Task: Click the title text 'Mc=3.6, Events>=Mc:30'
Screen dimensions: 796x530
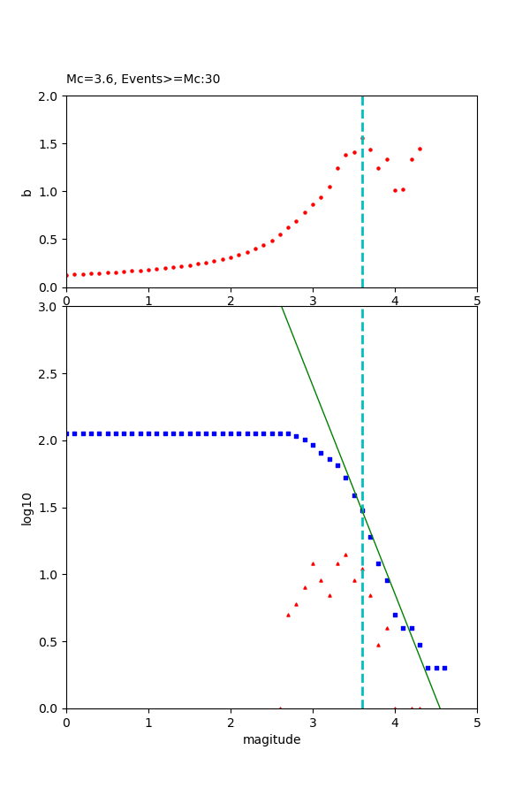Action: click(143, 79)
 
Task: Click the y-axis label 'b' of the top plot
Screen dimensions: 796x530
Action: click(27, 192)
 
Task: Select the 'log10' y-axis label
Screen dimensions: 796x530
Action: click(27, 509)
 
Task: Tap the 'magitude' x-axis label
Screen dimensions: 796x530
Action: click(271, 739)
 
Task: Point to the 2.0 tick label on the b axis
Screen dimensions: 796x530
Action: click(49, 96)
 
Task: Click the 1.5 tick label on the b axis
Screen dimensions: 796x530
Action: click(49, 144)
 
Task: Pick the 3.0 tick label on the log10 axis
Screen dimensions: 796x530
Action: click(49, 307)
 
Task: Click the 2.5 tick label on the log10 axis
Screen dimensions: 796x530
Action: click(49, 374)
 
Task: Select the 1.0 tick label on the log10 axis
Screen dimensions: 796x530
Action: click(49, 575)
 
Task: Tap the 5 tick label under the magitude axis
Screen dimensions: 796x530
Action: click(477, 722)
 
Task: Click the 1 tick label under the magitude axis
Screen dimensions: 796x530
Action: click(148, 722)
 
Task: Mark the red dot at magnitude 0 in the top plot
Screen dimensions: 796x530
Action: click(67, 275)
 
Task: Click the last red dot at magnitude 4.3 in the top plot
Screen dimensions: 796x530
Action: click(420, 149)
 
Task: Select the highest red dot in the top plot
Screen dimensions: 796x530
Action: click(362, 138)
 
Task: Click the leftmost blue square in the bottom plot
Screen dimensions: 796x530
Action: click(67, 433)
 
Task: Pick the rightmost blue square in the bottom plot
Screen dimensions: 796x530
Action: click(444, 668)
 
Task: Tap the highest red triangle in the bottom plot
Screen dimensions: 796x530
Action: click(345, 555)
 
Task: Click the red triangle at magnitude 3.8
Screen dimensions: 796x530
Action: click(378, 645)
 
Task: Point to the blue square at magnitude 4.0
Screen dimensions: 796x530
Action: click(395, 615)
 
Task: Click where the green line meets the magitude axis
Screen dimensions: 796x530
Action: click(440, 708)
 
